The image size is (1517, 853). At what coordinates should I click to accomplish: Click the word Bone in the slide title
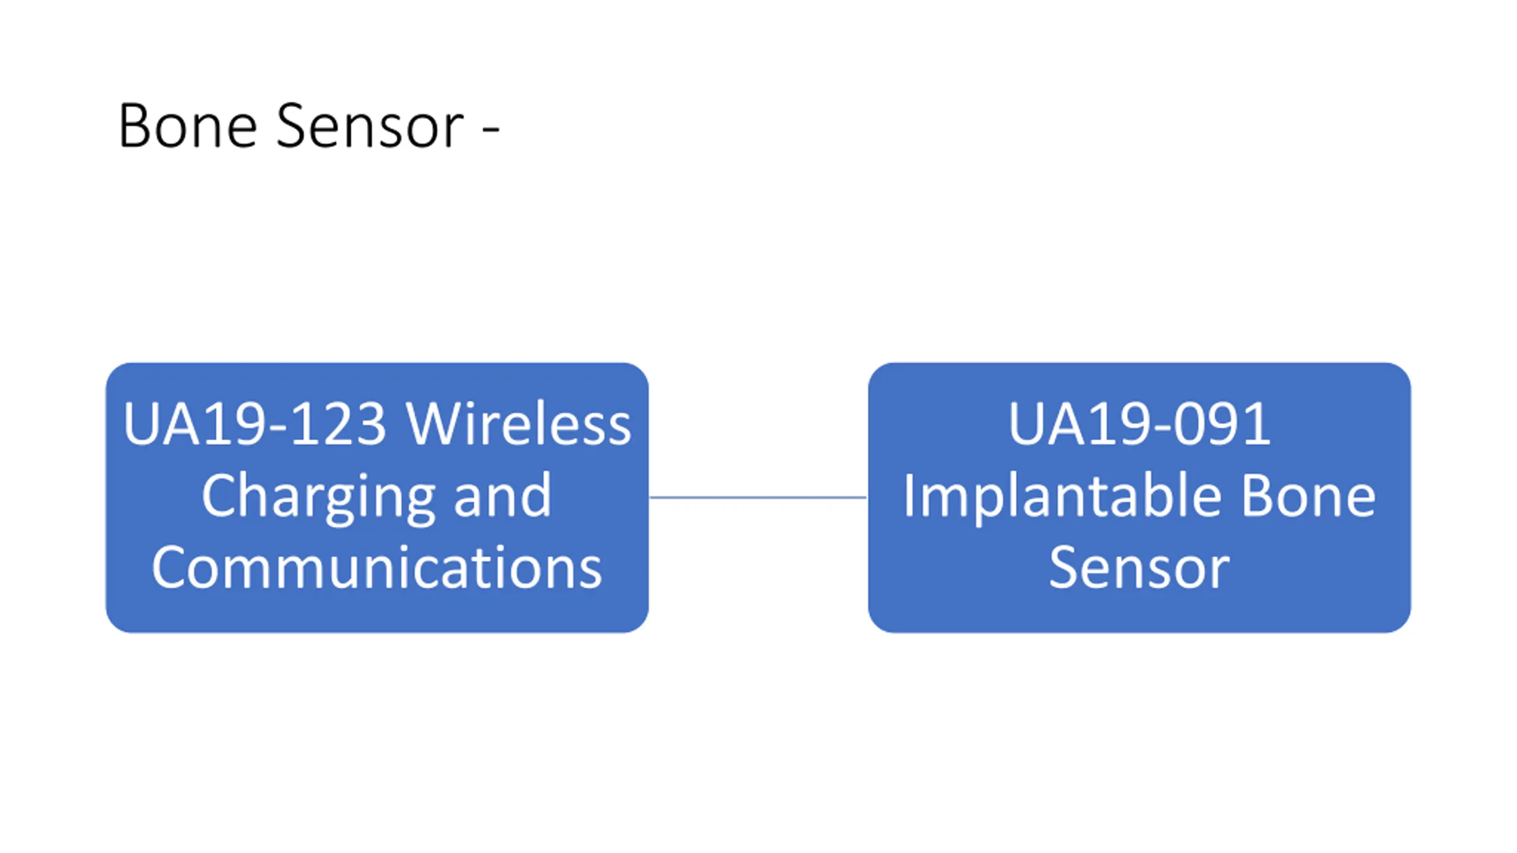tap(188, 126)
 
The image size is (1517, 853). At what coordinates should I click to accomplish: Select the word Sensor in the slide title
tap(370, 126)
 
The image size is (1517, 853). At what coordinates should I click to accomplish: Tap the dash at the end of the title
tap(491, 129)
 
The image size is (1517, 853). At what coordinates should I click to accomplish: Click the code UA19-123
tap(255, 424)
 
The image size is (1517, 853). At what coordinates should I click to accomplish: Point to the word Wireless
tap(519, 424)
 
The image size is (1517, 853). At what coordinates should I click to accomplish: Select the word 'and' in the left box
tap(503, 496)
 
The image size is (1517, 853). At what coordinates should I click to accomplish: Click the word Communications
tap(377, 567)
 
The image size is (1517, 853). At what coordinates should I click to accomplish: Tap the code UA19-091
tap(1140, 424)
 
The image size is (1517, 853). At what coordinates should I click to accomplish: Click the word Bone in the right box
tap(1308, 496)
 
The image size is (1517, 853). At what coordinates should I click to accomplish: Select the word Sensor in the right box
tap(1140, 567)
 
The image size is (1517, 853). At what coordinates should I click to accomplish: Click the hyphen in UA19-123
tap(279, 428)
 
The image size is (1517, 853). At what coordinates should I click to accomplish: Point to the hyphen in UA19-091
tap(1164, 428)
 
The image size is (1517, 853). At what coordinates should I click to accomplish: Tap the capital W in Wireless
tap(435, 424)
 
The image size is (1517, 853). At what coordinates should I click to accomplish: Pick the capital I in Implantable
tap(909, 496)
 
